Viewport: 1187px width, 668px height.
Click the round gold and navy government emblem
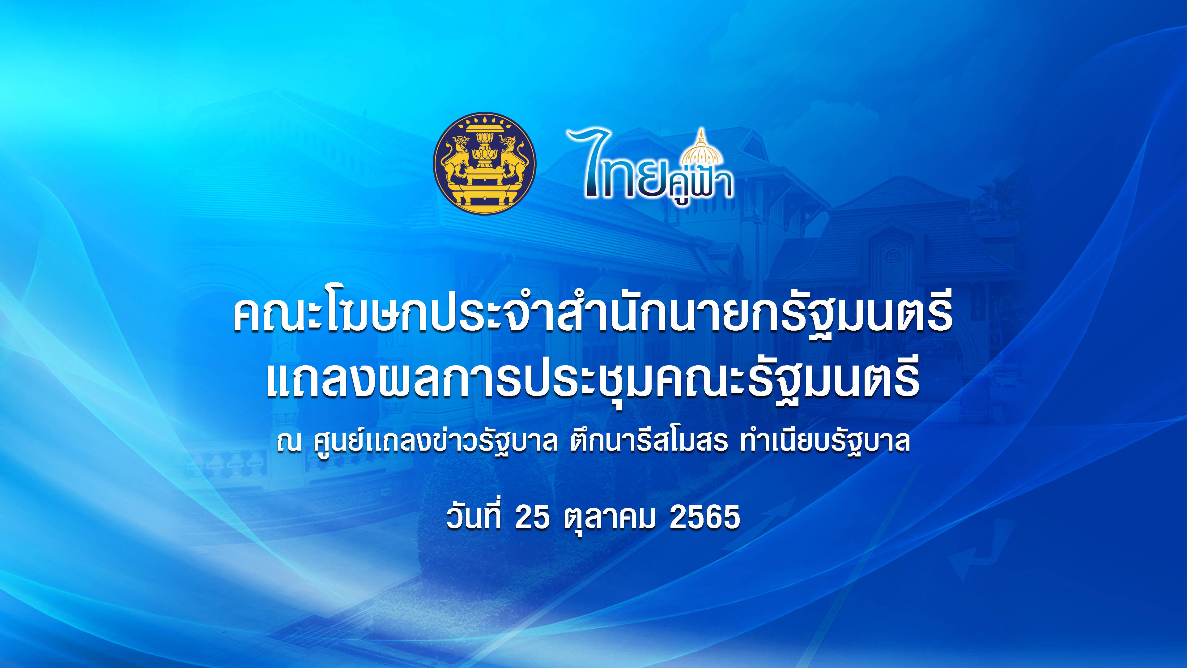pyautogui.click(x=484, y=163)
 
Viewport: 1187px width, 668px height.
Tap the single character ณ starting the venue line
pyautogui.click(x=289, y=442)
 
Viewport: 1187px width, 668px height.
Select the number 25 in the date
pyautogui.click(x=532, y=517)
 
